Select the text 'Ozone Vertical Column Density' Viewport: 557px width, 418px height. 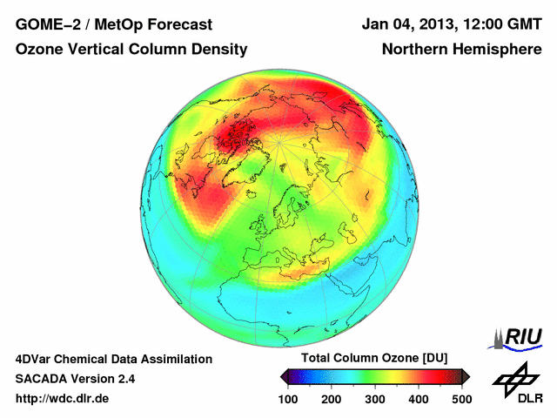[131, 50]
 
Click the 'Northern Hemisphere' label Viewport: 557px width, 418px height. [462, 50]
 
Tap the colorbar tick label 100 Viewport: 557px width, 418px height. [288, 399]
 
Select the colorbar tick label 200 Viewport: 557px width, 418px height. [332, 399]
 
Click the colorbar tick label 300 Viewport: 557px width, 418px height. [375, 399]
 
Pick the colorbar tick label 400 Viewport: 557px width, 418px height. [418, 399]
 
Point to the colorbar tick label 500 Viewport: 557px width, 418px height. [461, 399]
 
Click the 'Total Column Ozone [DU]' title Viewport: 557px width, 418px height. [374, 359]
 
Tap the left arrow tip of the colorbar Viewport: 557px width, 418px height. [283, 376]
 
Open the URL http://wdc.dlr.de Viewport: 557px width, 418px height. [63, 399]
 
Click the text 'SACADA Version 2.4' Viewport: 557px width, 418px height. [75, 379]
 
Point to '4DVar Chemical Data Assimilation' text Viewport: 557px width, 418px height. [113, 359]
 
